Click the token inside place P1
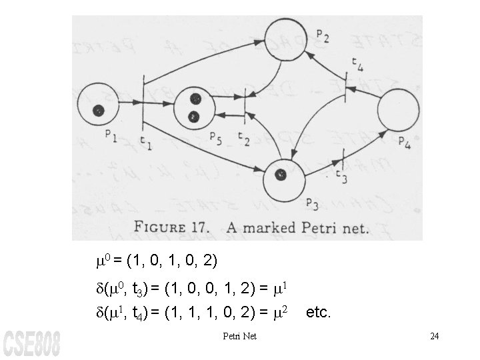[99, 111]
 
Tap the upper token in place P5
[195, 99]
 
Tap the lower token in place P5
[194, 117]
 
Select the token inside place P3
[280, 175]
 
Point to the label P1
[111, 138]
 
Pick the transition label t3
[341, 177]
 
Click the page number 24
[434, 335]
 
